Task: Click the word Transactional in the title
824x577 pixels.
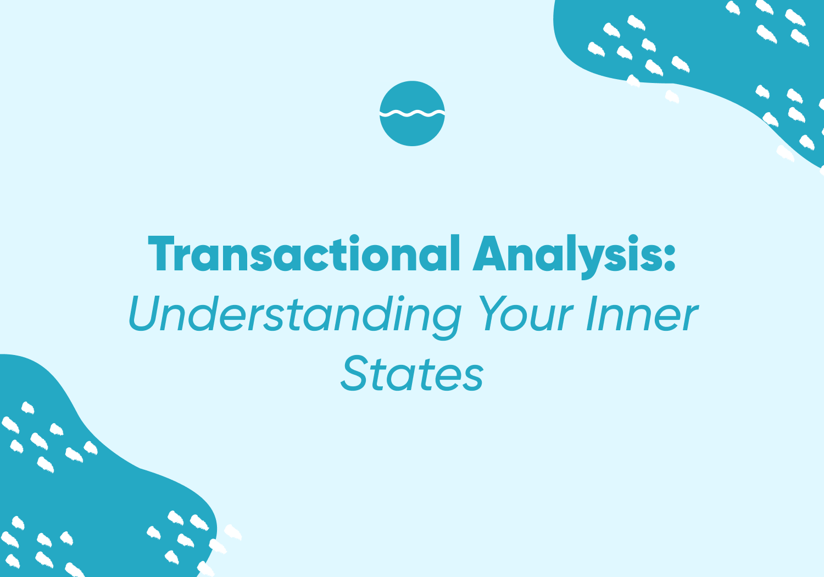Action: point(304,253)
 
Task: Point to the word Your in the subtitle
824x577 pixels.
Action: point(526,313)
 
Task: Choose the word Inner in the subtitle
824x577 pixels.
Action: point(642,313)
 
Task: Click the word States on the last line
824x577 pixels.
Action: point(411,373)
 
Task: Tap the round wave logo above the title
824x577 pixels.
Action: point(412,113)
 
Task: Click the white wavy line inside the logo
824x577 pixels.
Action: point(412,113)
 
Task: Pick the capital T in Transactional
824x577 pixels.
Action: point(161,253)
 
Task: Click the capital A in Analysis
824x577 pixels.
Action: point(489,253)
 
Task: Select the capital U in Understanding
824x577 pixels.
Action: point(144,313)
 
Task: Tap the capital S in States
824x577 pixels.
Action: point(354,373)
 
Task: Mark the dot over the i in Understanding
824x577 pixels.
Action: point(402,298)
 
